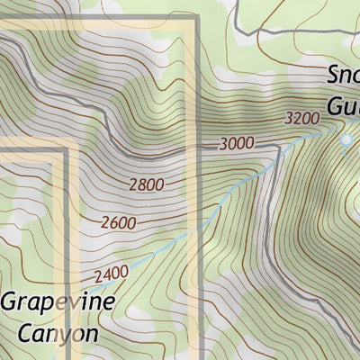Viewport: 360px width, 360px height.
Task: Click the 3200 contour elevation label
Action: (x=301, y=118)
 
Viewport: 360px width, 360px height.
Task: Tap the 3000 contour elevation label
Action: (x=237, y=143)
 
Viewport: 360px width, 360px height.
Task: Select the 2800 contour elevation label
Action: (x=147, y=185)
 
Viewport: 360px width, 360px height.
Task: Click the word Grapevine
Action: (x=57, y=302)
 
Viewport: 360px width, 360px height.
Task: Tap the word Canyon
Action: (x=56, y=332)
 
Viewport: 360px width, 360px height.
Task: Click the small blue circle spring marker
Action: (x=346, y=140)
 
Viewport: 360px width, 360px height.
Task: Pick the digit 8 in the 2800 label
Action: (x=141, y=186)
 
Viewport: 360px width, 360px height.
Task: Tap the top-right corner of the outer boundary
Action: (x=194, y=18)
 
